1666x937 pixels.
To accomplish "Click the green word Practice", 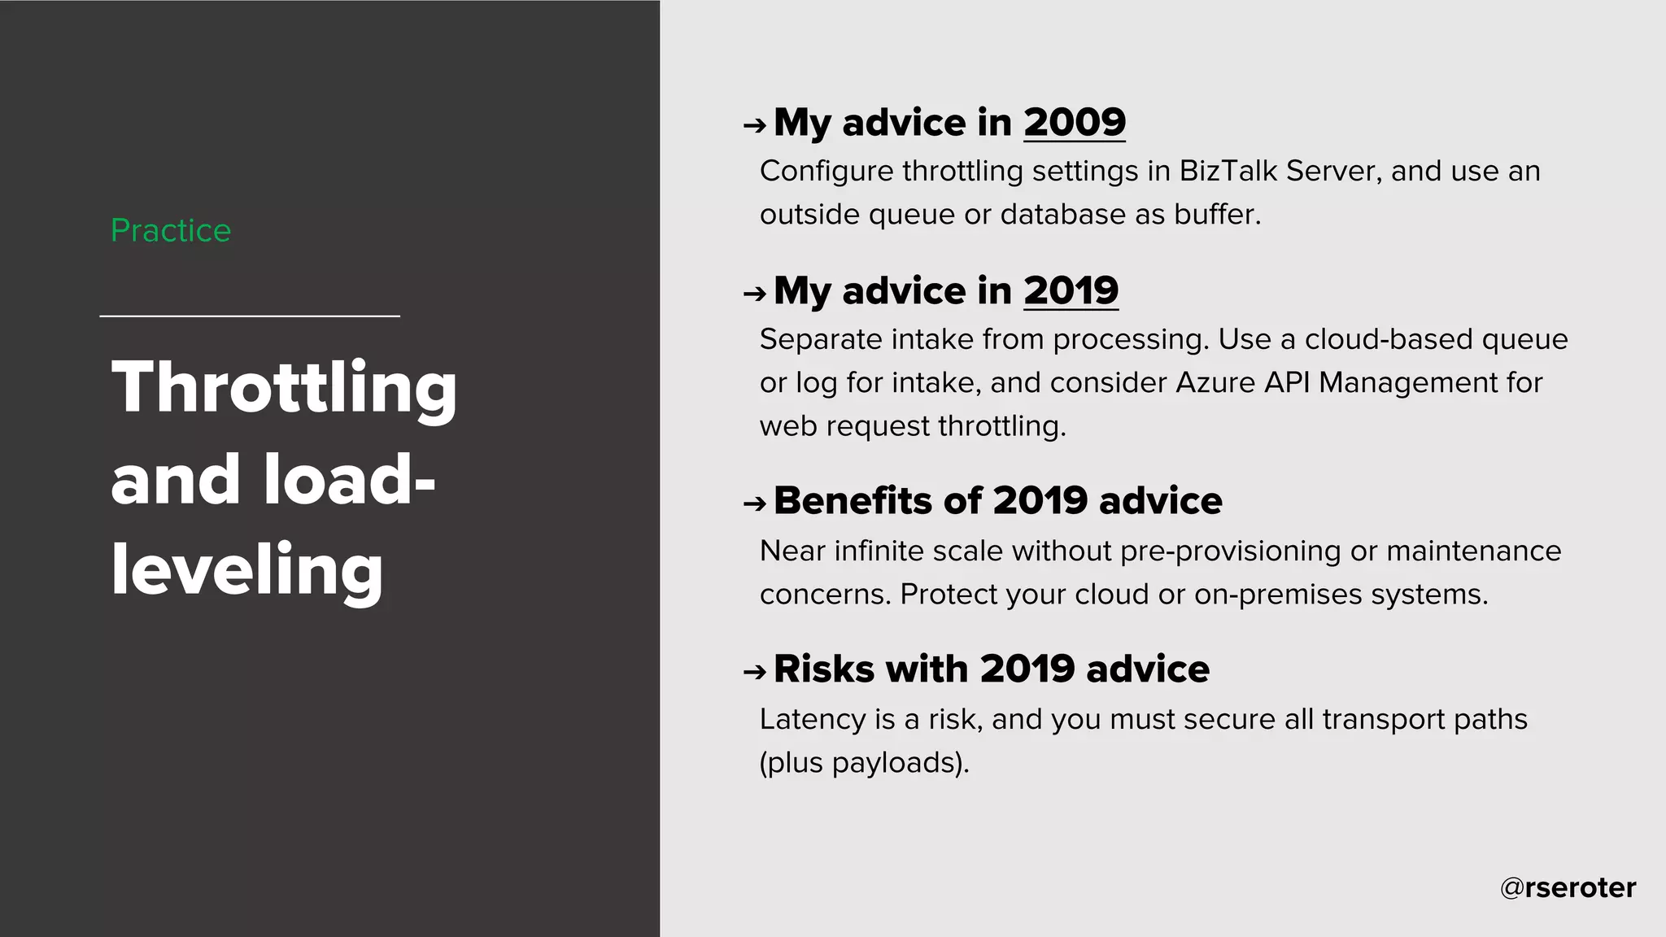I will click(x=171, y=231).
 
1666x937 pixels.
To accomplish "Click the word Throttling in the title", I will click(x=284, y=389).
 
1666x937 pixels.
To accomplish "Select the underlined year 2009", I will click(x=1074, y=123).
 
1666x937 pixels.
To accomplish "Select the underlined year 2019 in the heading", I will click(x=1071, y=291).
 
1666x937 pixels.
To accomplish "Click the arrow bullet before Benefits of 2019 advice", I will click(x=754, y=504).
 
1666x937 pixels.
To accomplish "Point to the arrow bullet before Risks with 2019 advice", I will click(x=754, y=672).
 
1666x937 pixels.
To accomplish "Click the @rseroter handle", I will click(x=1568, y=887).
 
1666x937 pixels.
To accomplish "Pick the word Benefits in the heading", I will click(x=853, y=501).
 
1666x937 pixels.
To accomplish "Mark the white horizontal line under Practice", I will click(x=250, y=316).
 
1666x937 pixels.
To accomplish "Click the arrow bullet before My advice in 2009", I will click(x=754, y=126).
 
